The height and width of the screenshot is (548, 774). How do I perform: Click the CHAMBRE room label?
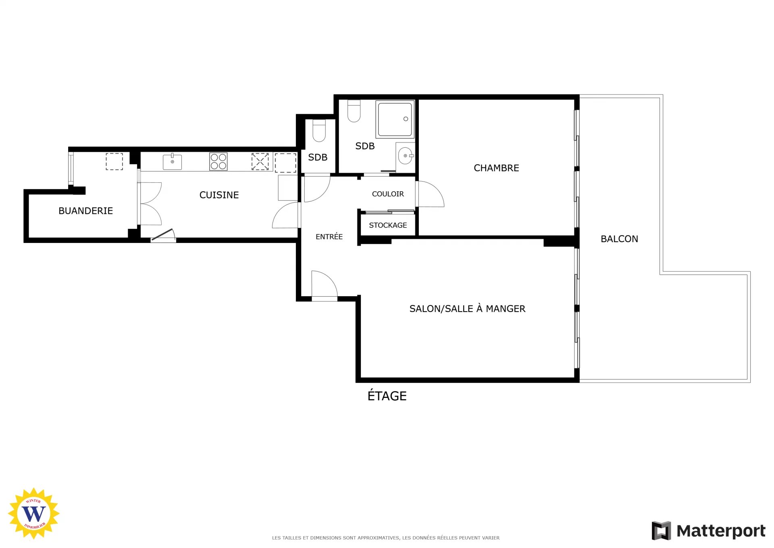click(496, 168)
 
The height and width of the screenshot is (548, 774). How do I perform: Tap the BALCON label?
click(619, 239)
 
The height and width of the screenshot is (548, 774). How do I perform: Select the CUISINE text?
click(219, 195)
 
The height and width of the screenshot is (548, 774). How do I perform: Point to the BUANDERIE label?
click(85, 211)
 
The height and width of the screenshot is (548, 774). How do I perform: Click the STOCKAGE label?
click(388, 225)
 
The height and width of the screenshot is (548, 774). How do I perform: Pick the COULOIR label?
click(388, 194)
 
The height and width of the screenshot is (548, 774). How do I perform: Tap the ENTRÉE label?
click(329, 236)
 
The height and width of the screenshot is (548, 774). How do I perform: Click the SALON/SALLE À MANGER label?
click(467, 309)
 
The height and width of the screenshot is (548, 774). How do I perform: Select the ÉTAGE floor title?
click(387, 395)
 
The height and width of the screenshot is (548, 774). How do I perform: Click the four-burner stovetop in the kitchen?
click(218, 161)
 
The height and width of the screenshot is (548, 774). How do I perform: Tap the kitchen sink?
click(172, 162)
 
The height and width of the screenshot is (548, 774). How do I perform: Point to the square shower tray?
click(395, 119)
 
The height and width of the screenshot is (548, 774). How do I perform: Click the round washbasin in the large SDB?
click(405, 156)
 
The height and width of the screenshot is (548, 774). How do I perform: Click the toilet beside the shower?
click(354, 111)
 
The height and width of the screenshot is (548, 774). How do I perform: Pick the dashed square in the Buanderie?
click(114, 161)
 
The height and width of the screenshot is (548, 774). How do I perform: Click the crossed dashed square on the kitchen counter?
click(260, 161)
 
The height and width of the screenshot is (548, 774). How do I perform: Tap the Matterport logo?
click(708, 531)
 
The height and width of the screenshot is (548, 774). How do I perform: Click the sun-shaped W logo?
click(34, 513)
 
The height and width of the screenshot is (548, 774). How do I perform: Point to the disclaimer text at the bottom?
click(386, 538)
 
